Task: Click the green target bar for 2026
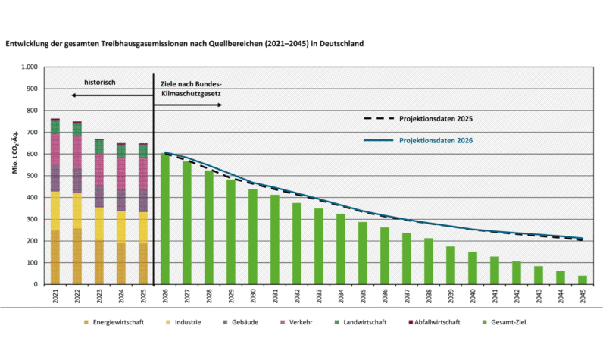coord(165,219)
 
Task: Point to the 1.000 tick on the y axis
coord(28,67)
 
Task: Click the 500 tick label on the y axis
coord(31,176)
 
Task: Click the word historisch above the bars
coord(99,81)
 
